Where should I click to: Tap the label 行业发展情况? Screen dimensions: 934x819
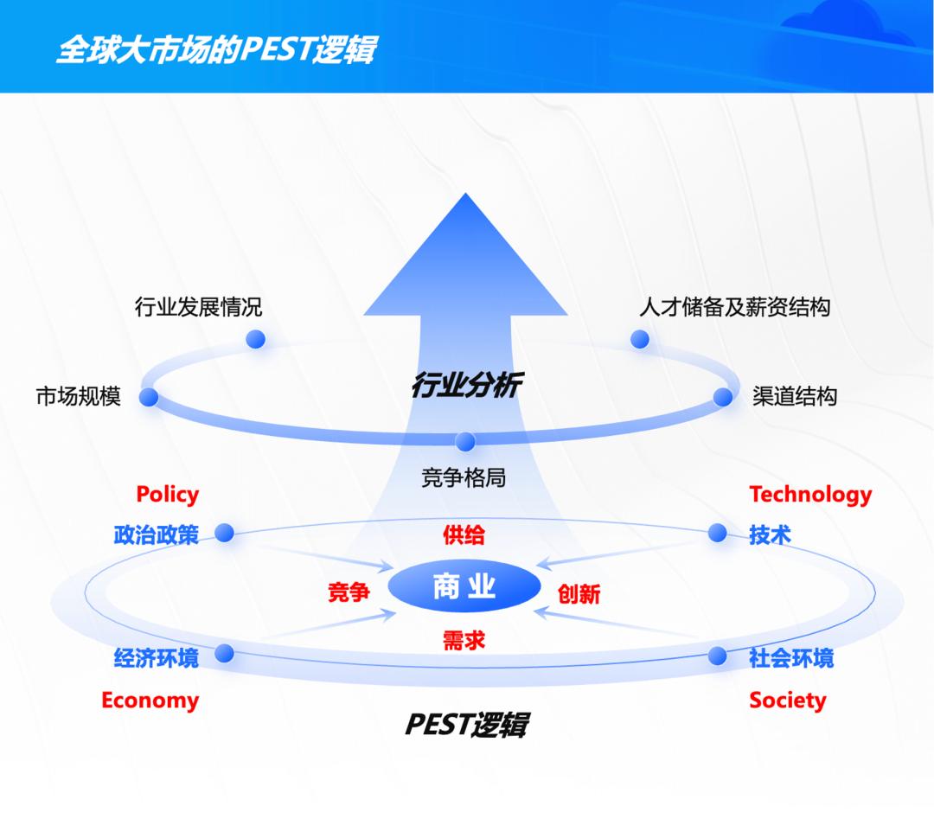point(198,307)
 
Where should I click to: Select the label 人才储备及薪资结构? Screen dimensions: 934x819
point(734,307)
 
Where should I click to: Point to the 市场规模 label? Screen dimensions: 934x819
point(79,396)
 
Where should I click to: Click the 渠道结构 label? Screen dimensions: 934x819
point(795,396)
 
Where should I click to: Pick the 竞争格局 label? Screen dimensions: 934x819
point(464,477)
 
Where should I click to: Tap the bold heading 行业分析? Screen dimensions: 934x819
point(467,385)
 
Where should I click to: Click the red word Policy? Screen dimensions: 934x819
point(168,495)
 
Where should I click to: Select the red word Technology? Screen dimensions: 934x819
point(810,495)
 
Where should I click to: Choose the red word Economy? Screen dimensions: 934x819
point(150,701)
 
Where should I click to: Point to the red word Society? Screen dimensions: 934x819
point(788,701)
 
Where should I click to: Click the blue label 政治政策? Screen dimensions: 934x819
point(156,534)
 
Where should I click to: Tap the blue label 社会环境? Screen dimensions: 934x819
point(791,657)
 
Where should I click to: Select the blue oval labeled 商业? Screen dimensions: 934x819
point(464,587)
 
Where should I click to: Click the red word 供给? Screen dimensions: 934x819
point(464,534)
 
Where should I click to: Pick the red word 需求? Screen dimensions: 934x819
point(464,640)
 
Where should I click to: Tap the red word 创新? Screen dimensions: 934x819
point(579,594)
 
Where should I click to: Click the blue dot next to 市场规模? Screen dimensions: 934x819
point(149,397)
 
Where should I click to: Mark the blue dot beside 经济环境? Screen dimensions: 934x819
point(225,653)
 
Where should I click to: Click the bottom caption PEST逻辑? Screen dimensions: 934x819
point(466,725)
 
